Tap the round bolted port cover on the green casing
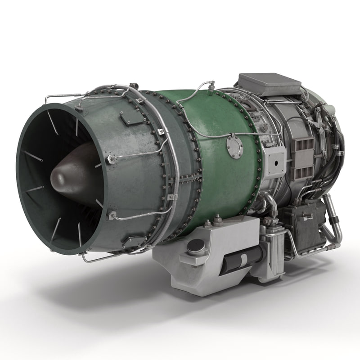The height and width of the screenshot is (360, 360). click(x=234, y=147)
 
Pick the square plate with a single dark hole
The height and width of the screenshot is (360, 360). click(x=274, y=159)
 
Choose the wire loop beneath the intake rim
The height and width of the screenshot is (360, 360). click(x=97, y=257)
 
